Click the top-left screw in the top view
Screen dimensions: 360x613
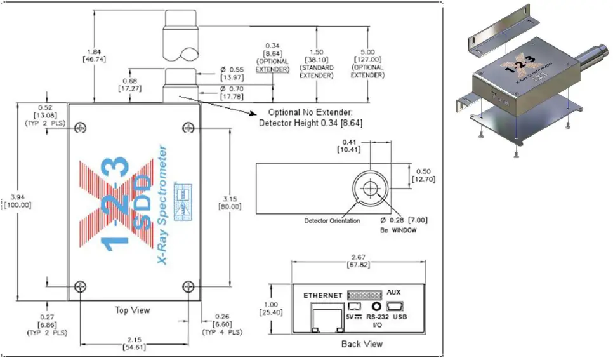80,129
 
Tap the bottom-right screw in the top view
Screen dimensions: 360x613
188,288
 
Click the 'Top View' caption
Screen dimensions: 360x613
133,310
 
